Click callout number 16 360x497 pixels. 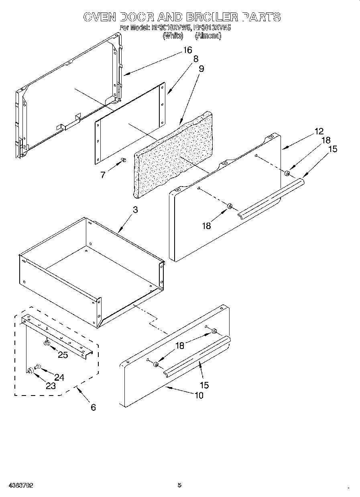pyautogui.click(x=187, y=50)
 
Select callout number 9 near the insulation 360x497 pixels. pyautogui.click(x=201, y=69)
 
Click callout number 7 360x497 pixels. pyautogui.click(x=103, y=175)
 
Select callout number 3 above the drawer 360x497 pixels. pyautogui.click(x=135, y=210)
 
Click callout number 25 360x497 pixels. pyautogui.click(x=63, y=355)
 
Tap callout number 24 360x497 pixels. pyautogui.click(x=59, y=377)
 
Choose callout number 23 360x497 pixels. pyautogui.click(x=51, y=386)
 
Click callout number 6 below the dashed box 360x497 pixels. pyautogui.click(x=93, y=408)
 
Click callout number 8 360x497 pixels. pyautogui.click(x=195, y=59)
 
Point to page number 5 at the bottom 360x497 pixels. pyautogui.click(x=179, y=485)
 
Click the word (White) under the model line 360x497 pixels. pyautogui.click(x=173, y=36)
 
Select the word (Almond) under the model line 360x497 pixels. pyautogui.click(x=208, y=36)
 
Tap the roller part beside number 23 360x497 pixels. pyautogui.click(x=30, y=370)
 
